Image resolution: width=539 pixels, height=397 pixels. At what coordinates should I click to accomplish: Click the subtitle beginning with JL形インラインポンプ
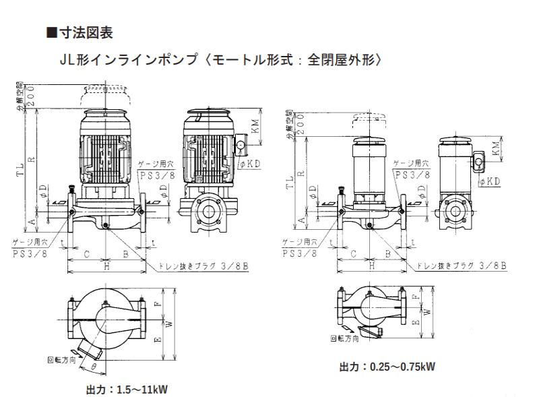222,59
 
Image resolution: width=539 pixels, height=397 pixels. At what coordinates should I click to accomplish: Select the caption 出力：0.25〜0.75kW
387,367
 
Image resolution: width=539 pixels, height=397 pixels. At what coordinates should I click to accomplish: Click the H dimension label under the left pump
107,266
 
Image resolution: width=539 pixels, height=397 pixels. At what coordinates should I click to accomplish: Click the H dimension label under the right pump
373,266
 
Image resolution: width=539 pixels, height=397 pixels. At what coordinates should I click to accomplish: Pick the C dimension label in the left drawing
87,254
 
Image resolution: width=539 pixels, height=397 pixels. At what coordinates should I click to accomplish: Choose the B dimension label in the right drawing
389,254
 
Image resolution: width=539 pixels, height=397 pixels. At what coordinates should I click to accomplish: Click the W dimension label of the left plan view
169,324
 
